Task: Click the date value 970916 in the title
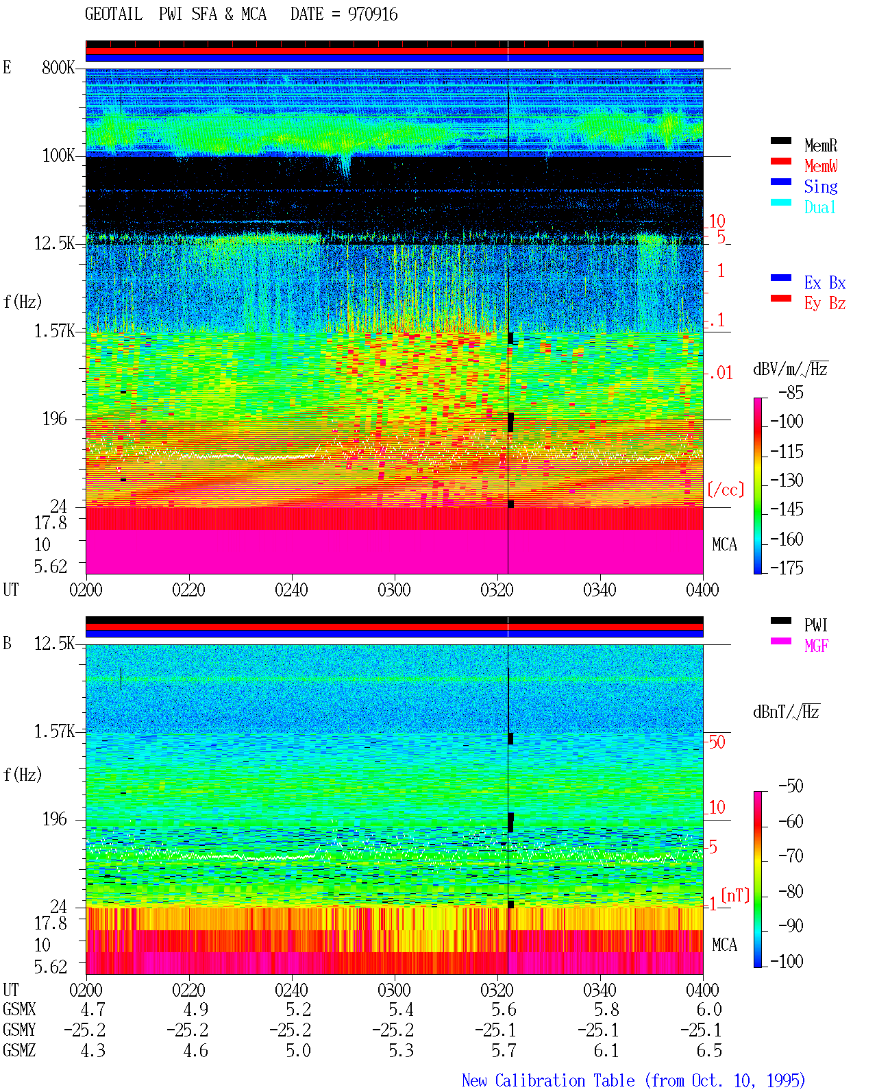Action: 372,14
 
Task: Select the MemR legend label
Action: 821,145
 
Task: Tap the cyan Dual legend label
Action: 819,207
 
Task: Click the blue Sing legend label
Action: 821,186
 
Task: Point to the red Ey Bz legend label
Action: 825,303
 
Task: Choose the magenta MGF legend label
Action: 816,646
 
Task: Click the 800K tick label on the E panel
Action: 58,67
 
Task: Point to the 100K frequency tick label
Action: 58,156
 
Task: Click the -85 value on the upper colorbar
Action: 791,392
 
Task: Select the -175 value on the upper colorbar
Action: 787,568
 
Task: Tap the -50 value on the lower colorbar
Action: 791,786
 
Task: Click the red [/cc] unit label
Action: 726,489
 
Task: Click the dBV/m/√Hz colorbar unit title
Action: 791,369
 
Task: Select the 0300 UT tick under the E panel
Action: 394,590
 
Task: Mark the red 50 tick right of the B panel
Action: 716,742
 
